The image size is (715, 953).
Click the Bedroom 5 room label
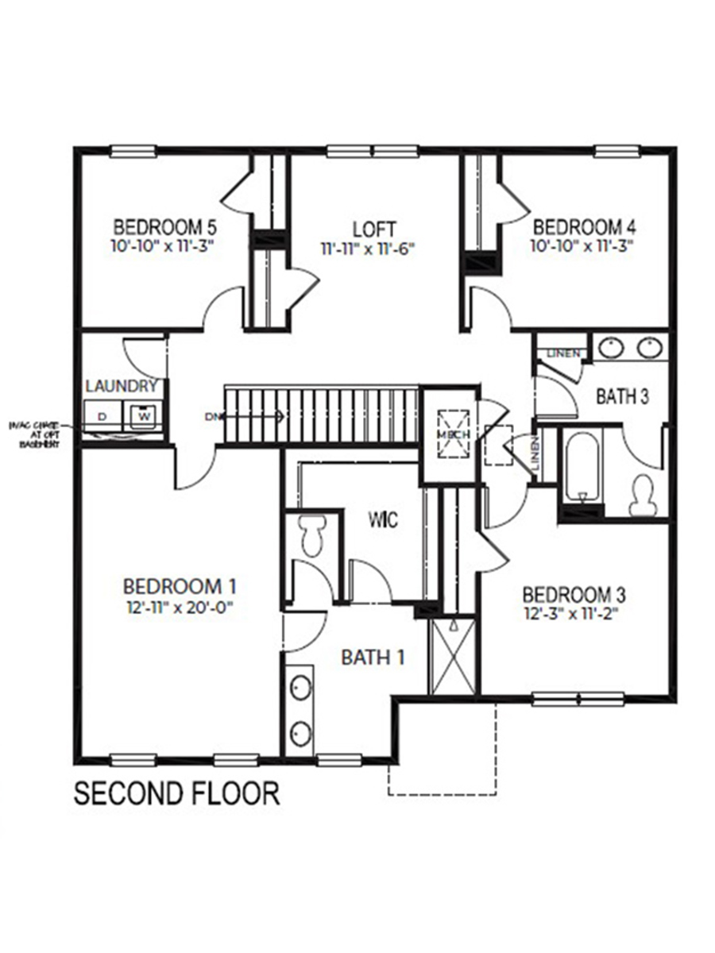click(165, 226)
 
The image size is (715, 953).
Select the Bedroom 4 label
click(584, 226)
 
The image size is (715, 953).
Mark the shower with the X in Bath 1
click(452, 656)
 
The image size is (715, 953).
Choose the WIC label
click(383, 520)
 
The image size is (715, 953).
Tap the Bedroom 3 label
click(574, 594)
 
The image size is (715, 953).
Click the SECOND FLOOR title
click(176, 793)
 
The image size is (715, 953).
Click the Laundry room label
click(121, 387)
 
